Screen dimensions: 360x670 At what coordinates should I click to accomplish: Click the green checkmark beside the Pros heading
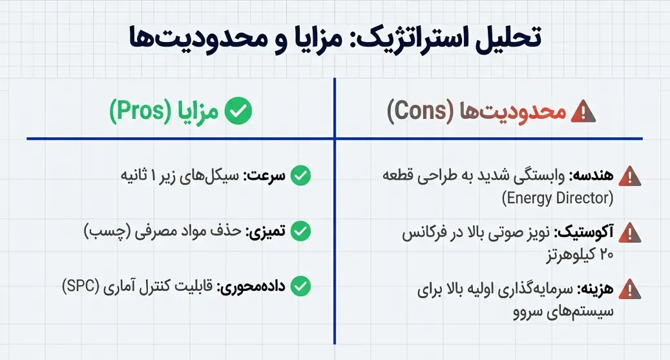point(238,112)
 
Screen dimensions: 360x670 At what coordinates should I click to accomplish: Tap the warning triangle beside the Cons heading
point(583,112)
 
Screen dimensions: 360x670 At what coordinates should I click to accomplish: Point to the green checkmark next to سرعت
point(300,175)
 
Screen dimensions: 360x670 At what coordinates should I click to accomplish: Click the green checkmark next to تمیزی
point(300,230)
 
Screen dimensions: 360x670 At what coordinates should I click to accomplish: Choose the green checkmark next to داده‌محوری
point(300,285)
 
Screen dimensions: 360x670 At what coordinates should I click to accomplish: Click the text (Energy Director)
point(557,197)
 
